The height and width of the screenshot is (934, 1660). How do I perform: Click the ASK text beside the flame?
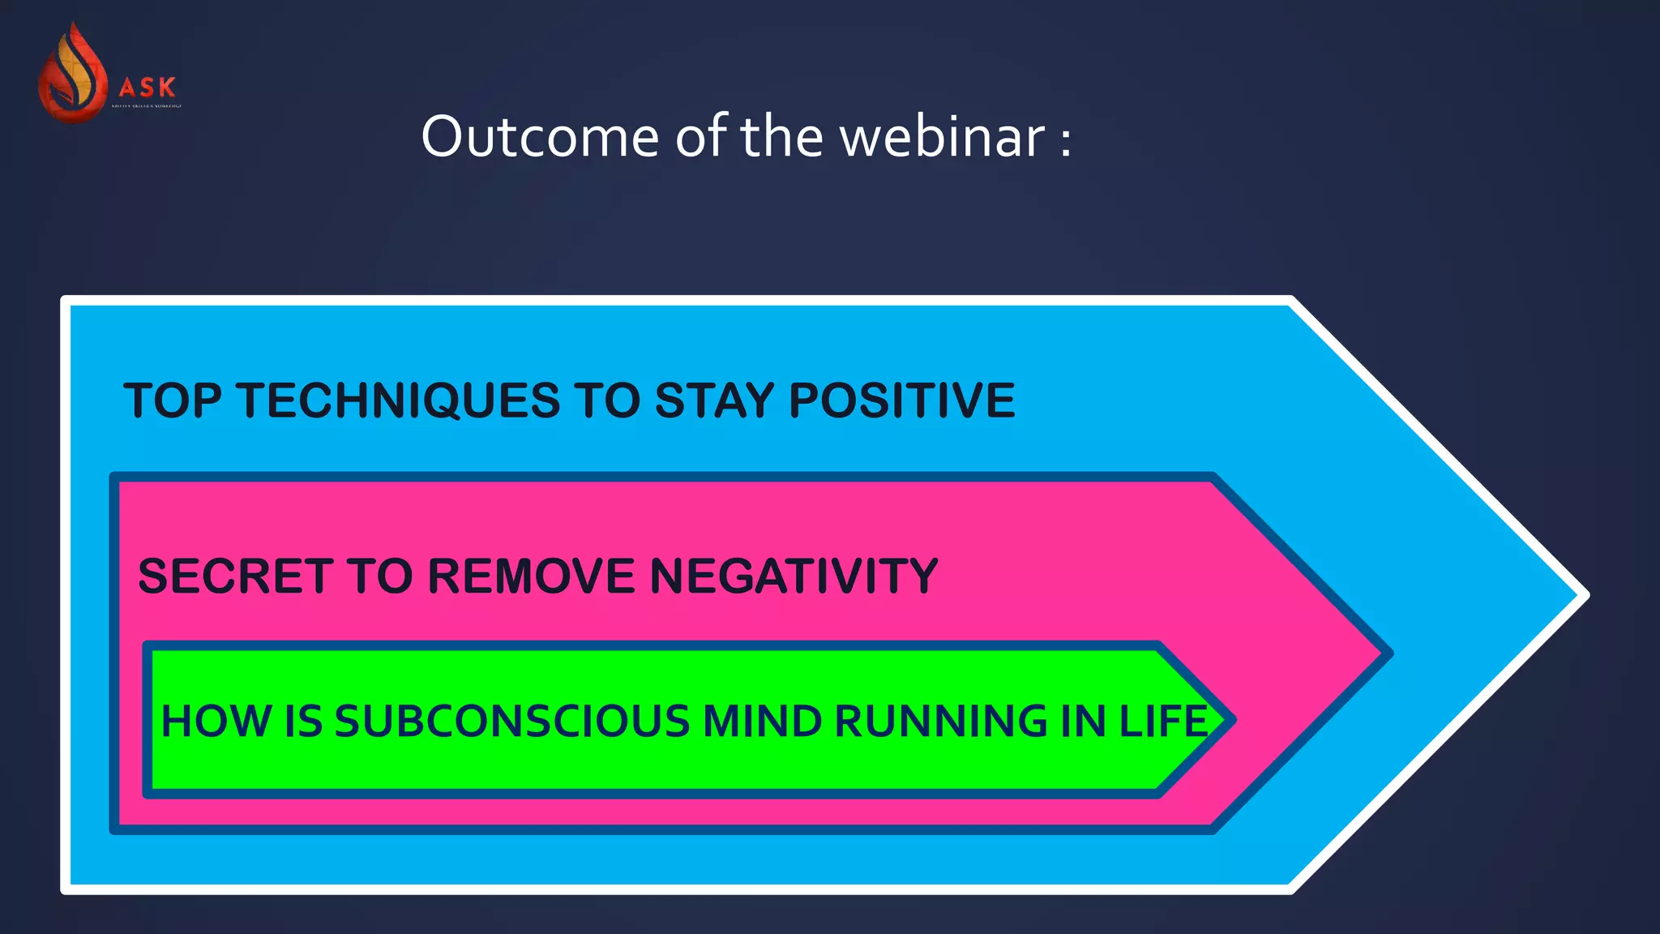tap(148, 87)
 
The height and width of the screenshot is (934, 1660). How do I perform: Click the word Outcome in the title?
tap(540, 136)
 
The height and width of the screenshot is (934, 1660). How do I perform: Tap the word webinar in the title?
tap(942, 136)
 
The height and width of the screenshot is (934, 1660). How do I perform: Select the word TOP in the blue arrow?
tap(172, 401)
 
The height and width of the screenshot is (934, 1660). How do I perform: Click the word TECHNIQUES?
tap(398, 401)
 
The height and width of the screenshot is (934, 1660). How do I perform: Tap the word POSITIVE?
tap(901, 401)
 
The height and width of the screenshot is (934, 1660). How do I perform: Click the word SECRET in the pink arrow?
tap(236, 576)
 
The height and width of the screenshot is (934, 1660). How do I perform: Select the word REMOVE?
tap(531, 576)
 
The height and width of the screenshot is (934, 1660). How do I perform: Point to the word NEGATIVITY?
tap(794, 576)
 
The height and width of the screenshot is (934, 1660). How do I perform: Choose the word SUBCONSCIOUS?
tap(511, 721)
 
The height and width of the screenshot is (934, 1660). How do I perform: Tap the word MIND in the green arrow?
tap(762, 721)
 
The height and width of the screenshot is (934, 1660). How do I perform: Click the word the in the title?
tap(781, 136)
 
